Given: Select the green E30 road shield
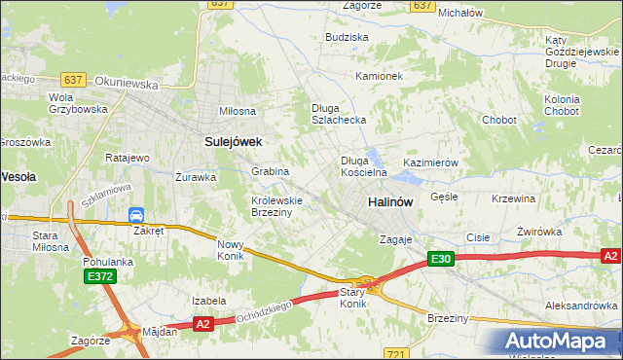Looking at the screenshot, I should click(x=440, y=258).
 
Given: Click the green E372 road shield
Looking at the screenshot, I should click(x=98, y=277).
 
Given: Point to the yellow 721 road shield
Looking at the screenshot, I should click(x=394, y=353).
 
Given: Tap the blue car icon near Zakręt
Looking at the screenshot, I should click(x=137, y=215).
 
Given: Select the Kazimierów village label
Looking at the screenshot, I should click(x=430, y=162).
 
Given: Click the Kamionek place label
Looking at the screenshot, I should click(x=379, y=76).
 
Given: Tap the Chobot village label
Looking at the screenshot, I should click(x=498, y=121).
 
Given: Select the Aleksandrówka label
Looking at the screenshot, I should click(x=582, y=305).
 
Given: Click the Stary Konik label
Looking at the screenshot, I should click(x=353, y=298).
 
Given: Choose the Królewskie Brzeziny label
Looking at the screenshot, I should click(x=277, y=206).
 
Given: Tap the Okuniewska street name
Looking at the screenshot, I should click(x=129, y=85).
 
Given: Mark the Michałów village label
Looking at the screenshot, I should click(x=460, y=14).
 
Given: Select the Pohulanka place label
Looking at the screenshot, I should click(x=108, y=262).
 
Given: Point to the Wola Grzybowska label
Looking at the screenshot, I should click(x=73, y=103).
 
